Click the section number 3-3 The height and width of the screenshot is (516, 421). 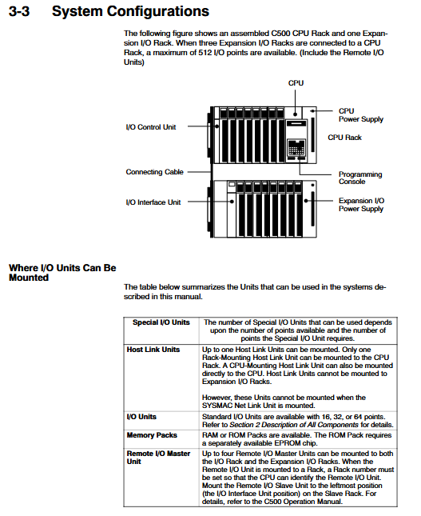19,11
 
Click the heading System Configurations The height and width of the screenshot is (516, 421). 130,11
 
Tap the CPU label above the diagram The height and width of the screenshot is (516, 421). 296,83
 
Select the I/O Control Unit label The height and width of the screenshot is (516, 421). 151,127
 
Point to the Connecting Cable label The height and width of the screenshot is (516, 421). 154,172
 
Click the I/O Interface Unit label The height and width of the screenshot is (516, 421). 153,202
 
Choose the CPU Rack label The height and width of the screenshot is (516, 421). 344,138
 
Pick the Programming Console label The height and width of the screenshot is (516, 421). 360,178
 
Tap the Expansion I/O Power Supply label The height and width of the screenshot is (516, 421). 361,204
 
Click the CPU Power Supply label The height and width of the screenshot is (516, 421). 361,115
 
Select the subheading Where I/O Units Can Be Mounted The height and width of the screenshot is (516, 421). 62,273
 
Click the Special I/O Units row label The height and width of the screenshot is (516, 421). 161,322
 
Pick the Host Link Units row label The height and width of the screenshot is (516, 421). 153,350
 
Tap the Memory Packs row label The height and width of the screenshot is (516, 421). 152,435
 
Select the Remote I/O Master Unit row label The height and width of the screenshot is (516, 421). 158,458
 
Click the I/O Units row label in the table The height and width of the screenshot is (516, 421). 141,417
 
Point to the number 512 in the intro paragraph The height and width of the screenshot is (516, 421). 205,53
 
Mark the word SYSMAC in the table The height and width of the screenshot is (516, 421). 217,406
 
